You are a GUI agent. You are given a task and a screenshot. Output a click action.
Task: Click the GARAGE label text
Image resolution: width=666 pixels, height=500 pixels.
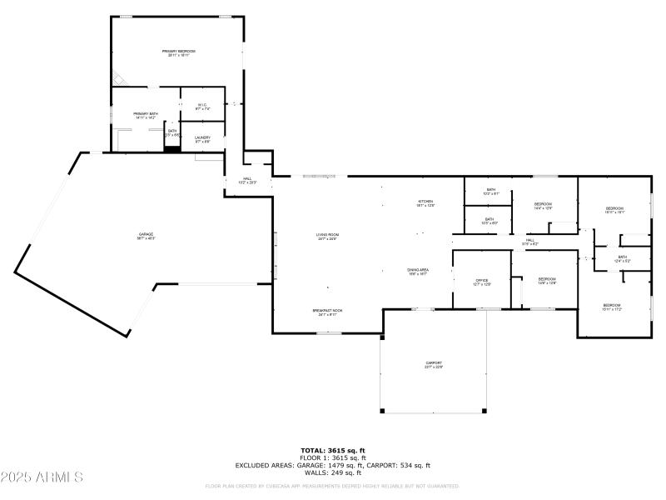point(146,236)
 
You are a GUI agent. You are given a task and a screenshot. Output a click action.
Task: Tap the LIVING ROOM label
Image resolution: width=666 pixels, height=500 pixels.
point(327,236)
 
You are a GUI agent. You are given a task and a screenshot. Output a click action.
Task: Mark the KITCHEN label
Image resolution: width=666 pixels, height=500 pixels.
point(425,202)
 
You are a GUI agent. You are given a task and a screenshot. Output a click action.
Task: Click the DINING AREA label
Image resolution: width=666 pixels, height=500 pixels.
point(417,271)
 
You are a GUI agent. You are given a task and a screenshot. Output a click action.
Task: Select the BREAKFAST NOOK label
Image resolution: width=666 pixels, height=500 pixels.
point(327,312)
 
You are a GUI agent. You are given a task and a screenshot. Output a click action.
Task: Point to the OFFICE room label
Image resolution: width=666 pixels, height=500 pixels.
point(481,282)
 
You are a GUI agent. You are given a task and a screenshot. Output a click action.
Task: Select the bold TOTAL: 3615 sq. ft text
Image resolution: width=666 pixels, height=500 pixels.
point(333,450)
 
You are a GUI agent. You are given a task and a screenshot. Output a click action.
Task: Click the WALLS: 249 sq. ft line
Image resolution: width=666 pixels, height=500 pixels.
point(333,472)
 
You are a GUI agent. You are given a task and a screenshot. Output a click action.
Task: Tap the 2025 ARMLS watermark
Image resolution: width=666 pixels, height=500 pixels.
point(42,477)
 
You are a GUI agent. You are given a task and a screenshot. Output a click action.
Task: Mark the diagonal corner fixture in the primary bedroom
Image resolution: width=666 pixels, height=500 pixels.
point(120,79)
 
